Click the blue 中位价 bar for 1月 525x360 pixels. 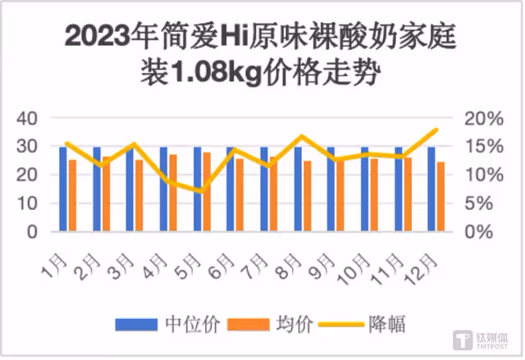coord(63,189)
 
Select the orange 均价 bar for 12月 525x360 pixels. coord(441,196)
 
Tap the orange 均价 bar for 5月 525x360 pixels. coord(207,192)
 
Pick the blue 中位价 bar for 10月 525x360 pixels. coord(364,189)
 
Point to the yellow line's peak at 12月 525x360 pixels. coord(436,130)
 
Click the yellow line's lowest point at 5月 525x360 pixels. coord(201,191)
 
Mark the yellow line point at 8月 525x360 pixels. coord(302,136)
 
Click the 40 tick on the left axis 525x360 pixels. coord(27,118)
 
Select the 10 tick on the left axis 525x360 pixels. coord(27,203)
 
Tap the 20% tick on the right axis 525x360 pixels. coord(484,118)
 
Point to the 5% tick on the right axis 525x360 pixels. coord(479,203)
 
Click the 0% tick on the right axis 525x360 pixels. coord(479,231)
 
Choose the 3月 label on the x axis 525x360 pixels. coord(122,267)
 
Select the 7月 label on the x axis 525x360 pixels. coord(256,267)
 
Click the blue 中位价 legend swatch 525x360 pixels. coord(136,325)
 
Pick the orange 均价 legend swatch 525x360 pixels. coord(249,325)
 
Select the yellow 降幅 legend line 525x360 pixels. coord(341,325)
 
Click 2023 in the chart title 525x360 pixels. coord(98,36)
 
